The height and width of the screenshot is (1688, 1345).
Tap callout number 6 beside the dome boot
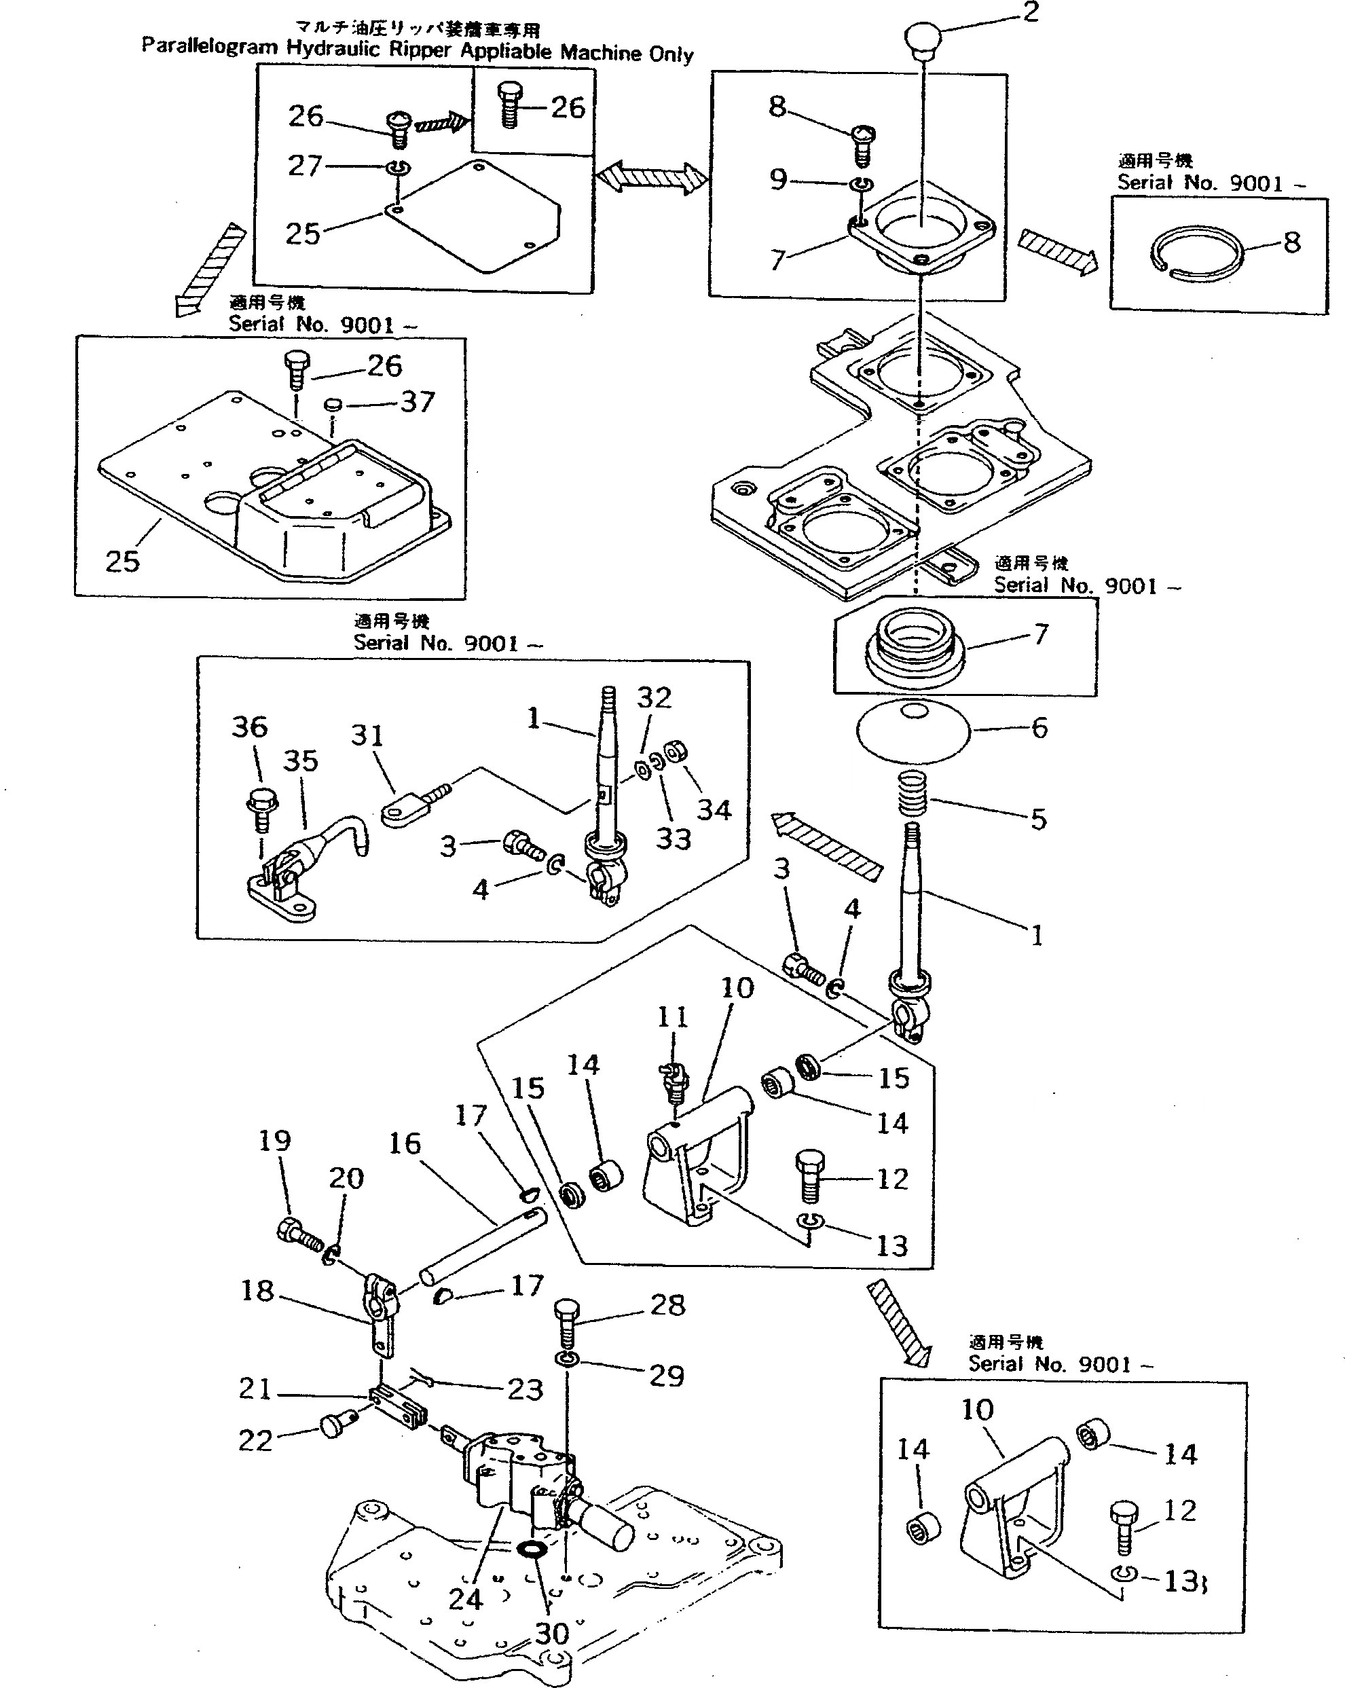coord(1039,728)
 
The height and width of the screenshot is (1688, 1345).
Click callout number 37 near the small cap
coord(418,403)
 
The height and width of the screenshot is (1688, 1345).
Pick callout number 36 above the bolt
coord(250,727)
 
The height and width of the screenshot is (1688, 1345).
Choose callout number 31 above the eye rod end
coord(367,736)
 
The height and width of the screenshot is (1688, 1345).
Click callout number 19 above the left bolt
coord(275,1141)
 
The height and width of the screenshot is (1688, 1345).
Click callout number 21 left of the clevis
coord(255,1389)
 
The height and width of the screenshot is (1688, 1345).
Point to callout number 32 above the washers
coord(655,697)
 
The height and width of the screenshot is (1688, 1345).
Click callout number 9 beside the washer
coord(778,179)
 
